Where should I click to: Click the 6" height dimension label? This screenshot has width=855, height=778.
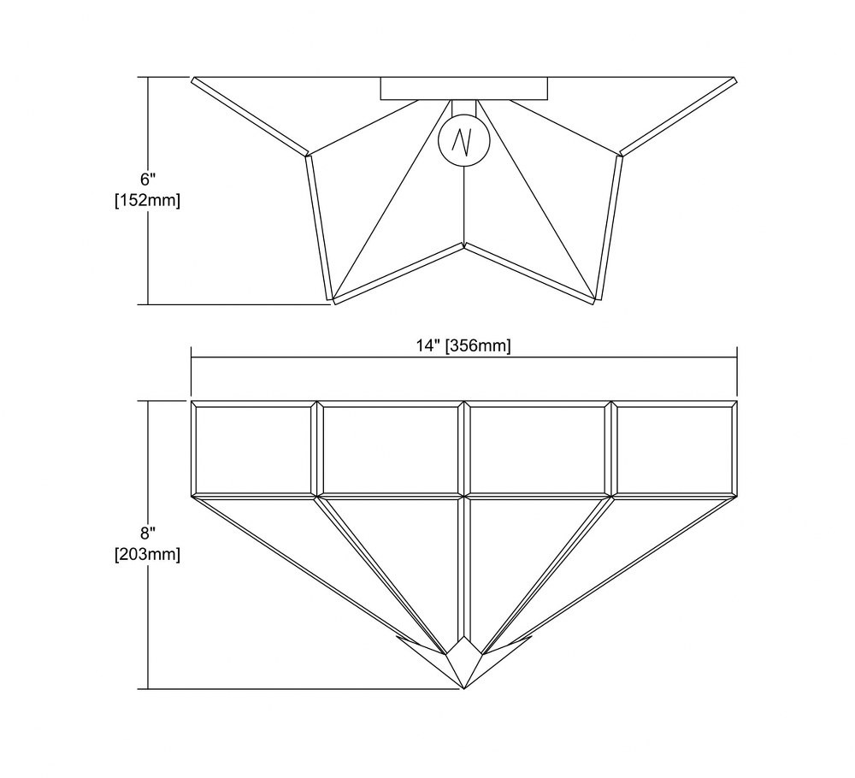(x=148, y=179)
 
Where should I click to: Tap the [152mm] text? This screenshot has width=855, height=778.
(x=147, y=201)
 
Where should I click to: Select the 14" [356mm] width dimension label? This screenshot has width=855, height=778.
(x=463, y=345)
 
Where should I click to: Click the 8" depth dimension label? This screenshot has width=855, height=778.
(x=148, y=533)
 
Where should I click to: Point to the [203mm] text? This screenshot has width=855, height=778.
(x=147, y=555)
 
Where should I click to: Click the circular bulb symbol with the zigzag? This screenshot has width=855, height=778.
(x=464, y=140)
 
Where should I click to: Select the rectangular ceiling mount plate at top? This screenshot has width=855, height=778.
(x=464, y=89)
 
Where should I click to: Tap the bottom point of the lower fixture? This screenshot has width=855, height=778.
(x=463, y=688)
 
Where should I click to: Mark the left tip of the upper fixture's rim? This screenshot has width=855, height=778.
(x=192, y=80)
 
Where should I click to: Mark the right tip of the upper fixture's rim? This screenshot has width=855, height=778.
(x=736, y=80)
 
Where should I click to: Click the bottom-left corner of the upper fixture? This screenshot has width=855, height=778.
(x=331, y=302)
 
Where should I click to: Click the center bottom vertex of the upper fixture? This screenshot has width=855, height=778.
(x=464, y=245)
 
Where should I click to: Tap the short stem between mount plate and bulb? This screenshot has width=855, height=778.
(x=464, y=108)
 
